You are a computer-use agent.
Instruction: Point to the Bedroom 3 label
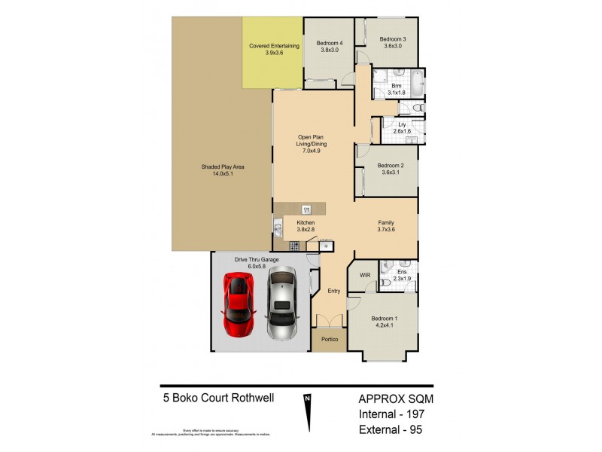pos(392,39)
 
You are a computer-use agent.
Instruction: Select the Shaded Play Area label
pos(223,166)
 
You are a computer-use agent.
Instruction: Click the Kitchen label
pos(306,223)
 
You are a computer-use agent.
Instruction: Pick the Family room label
pos(385,223)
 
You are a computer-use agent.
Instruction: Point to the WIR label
pos(365,276)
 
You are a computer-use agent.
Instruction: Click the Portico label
pos(329,340)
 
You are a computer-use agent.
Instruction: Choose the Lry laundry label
pos(402,124)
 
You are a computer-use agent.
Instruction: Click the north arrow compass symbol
pos(307,414)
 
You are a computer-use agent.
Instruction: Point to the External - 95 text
pos(390,432)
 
